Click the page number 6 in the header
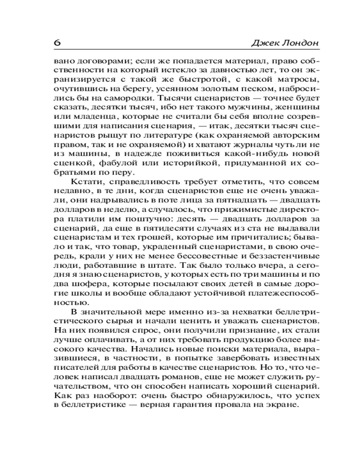pos(57,43)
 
